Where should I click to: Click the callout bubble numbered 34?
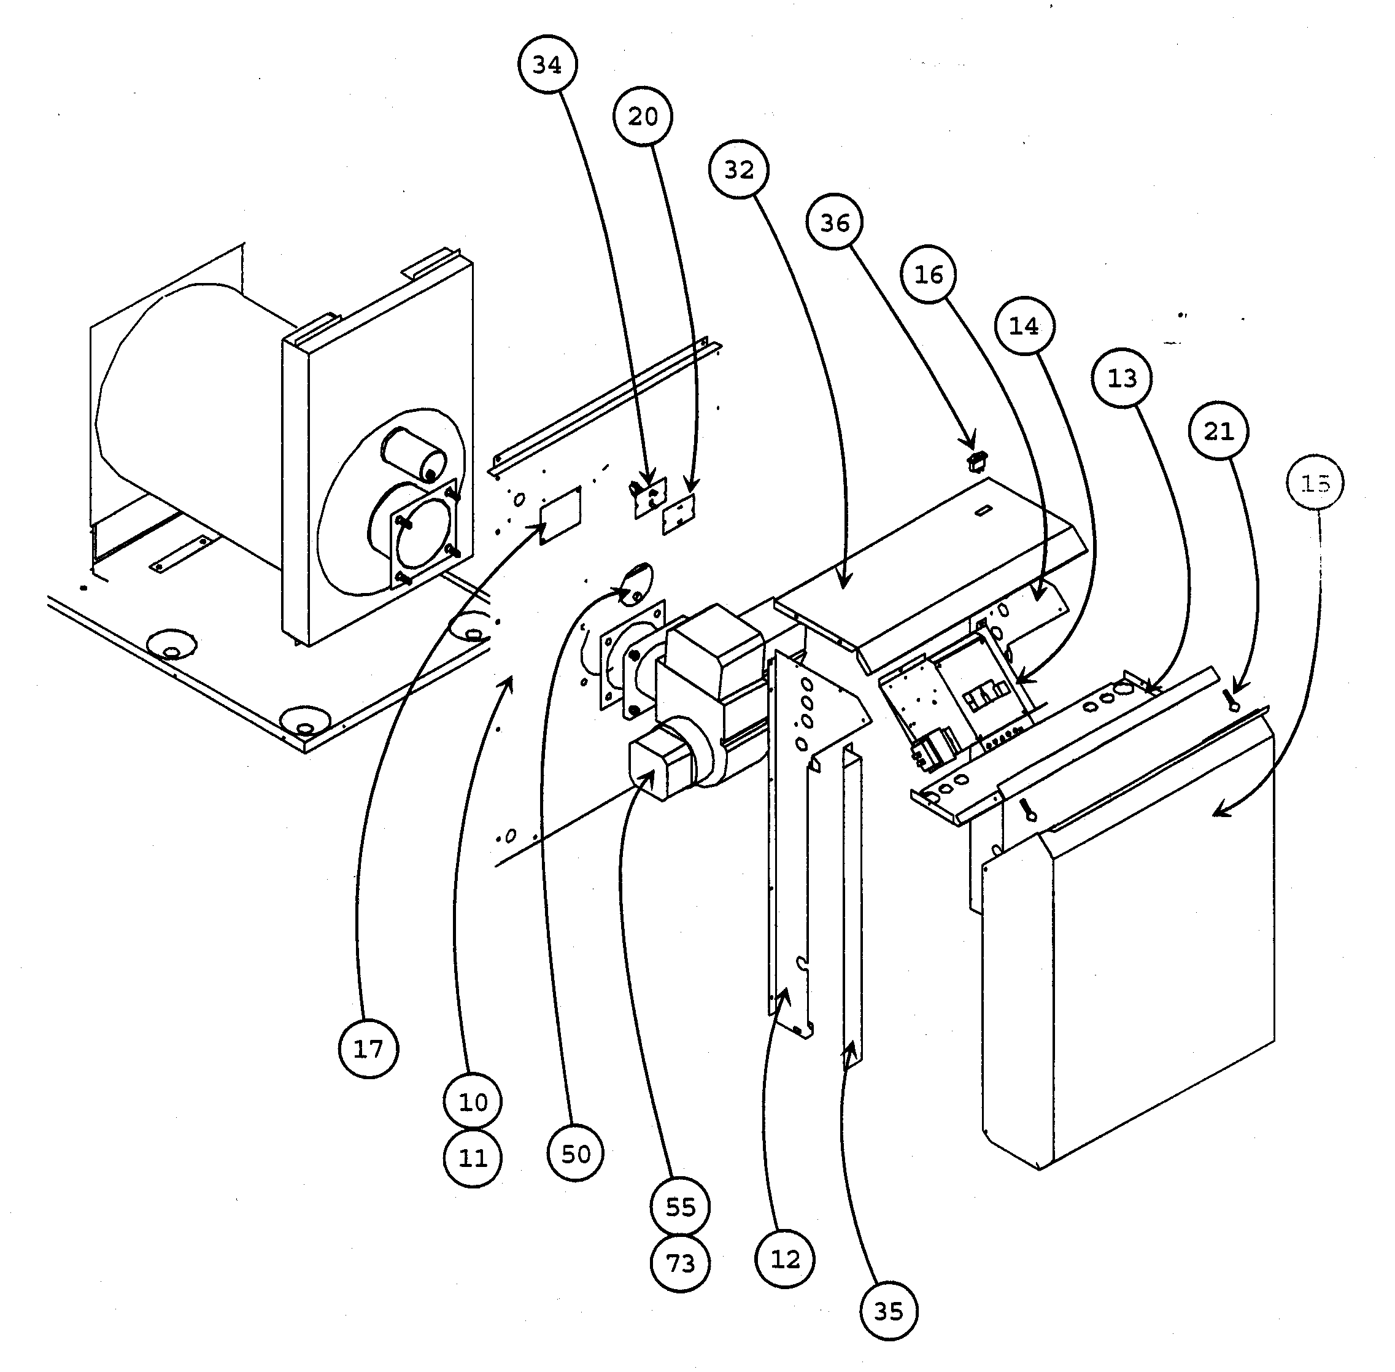(547, 64)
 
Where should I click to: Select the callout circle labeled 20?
(643, 116)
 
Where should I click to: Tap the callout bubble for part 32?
(738, 169)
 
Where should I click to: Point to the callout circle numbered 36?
(835, 222)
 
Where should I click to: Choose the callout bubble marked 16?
(929, 274)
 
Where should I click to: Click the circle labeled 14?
(1024, 327)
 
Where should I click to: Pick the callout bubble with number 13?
(1121, 378)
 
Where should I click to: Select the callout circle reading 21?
(1218, 431)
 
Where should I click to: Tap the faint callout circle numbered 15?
(1315, 483)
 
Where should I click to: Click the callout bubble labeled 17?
(368, 1048)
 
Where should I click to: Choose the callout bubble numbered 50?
(575, 1153)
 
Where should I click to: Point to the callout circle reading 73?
(680, 1263)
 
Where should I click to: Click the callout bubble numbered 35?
(889, 1311)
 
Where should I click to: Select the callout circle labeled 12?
(785, 1259)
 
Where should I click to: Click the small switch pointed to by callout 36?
(978, 460)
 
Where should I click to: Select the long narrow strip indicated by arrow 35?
(852, 908)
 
